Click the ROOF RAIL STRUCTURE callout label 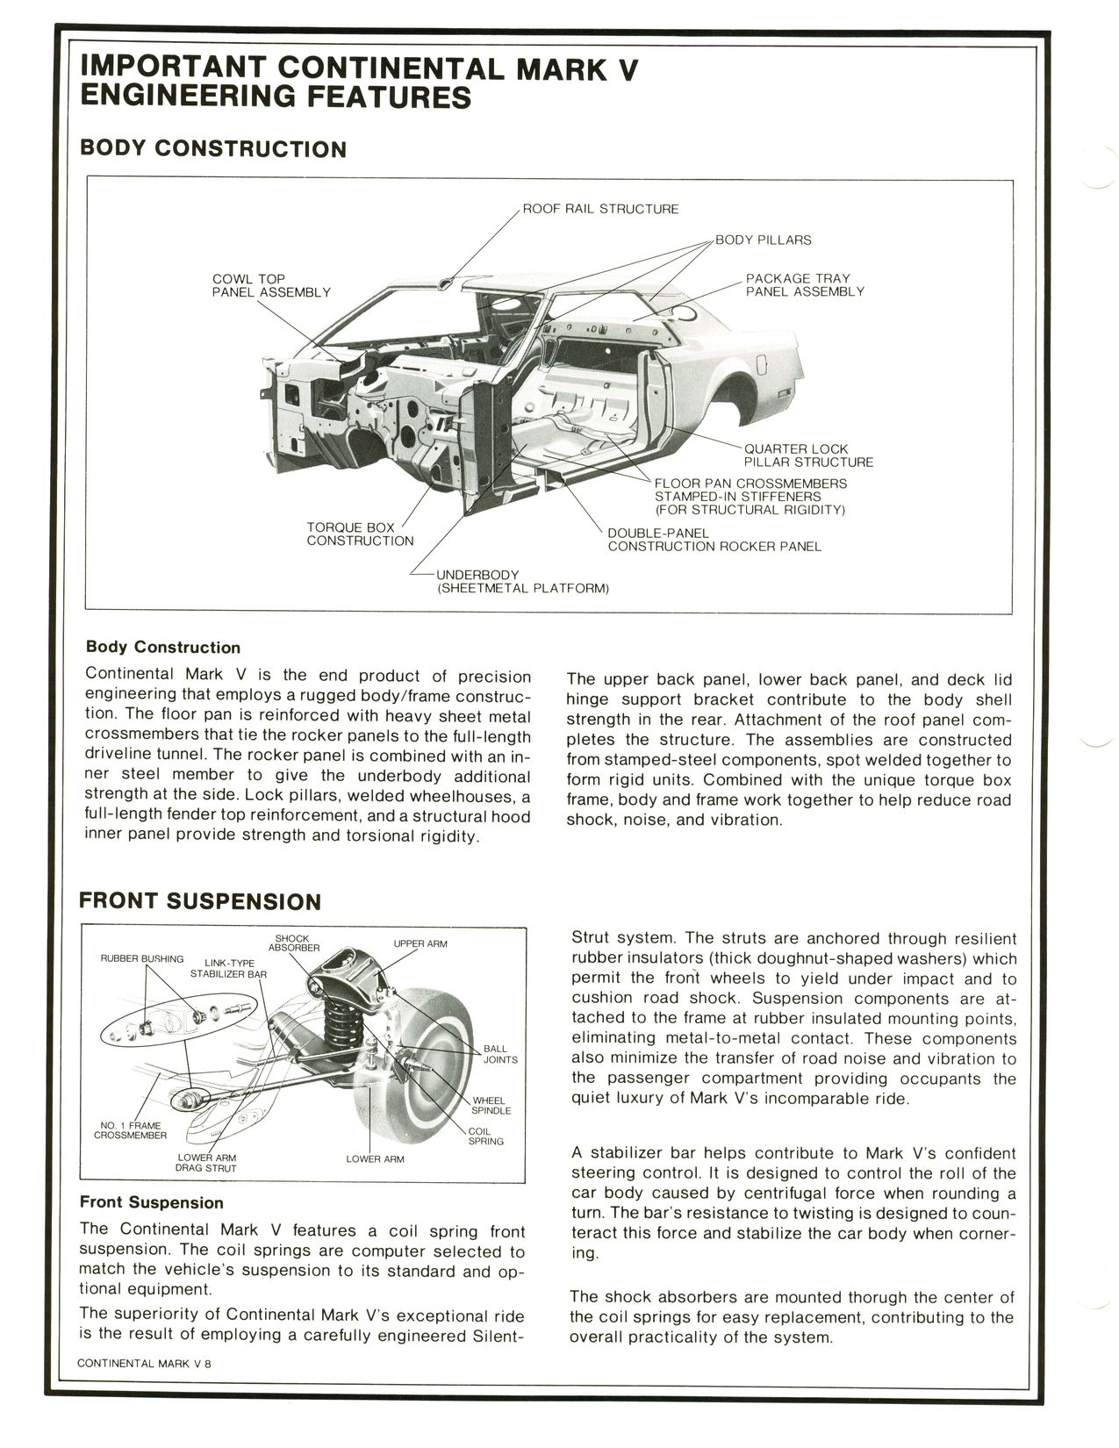600,209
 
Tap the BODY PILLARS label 763,240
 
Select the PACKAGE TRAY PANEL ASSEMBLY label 804,285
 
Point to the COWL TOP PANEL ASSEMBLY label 270,285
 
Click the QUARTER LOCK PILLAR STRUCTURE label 808,455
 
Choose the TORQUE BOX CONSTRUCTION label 359,534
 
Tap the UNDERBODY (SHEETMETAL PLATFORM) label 522,581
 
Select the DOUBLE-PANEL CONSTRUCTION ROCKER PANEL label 714,540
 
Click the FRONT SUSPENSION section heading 200,901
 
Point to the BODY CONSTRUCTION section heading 212,148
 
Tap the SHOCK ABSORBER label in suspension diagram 292,943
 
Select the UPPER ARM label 420,944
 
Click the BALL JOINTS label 500,1054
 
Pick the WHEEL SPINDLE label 491,1106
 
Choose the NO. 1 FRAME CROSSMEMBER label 130,1130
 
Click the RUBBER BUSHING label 141,958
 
